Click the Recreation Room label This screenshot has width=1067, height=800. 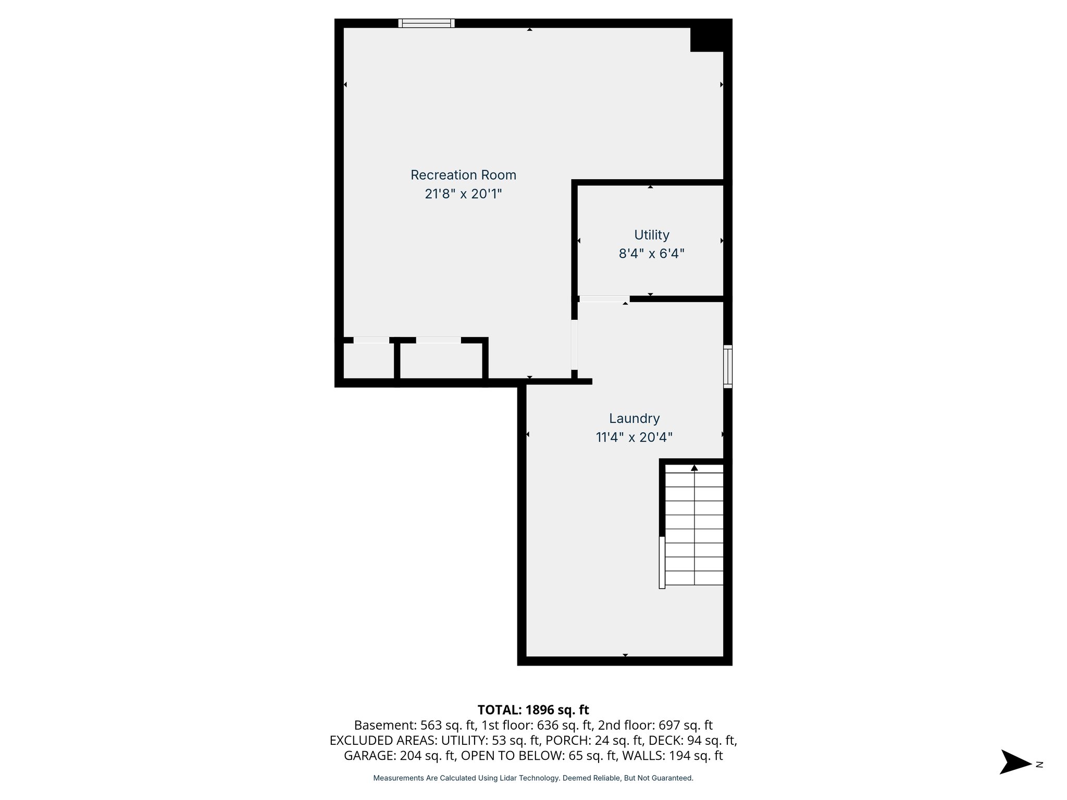click(x=463, y=175)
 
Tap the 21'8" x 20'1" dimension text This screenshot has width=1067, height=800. click(x=463, y=194)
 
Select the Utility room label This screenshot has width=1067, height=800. click(x=651, y=235)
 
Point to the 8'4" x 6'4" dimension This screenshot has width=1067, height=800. click(x=651, y=254)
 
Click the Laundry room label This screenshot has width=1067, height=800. click(x=634, y=418)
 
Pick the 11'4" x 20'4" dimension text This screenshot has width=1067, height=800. click(x=634, y=438)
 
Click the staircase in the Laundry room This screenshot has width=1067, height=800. click(x=694, y=526)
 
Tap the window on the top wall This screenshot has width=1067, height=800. click(x=426, y=23)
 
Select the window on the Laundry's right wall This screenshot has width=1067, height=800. click(x=728, y=367)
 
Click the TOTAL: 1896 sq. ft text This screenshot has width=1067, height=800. click(x=533, y=710)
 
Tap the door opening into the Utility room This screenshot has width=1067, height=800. click(x=604, y=299)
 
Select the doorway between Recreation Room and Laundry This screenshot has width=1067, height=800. click(x=574, y=344)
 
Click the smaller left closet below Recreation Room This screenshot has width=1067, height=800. click(x=369, y=360)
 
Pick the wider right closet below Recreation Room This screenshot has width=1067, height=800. click(x=441, y=360)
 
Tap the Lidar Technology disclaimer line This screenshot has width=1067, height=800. click(x=533, y=778)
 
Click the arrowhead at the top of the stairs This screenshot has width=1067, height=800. click(x=694, y=468)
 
